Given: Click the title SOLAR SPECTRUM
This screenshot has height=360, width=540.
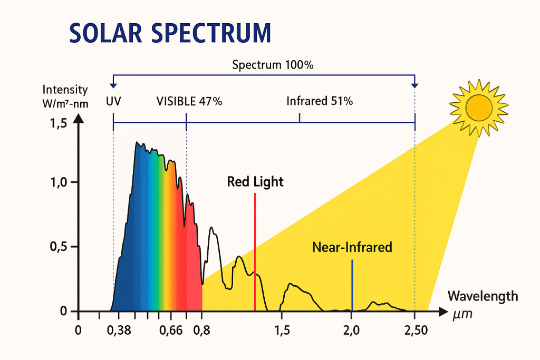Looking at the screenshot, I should (170, 33).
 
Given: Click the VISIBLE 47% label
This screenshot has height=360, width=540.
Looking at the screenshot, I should (189, 101).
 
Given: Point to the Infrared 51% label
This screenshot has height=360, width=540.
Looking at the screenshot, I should (320, 101).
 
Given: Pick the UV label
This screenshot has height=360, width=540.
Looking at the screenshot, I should (113, 101).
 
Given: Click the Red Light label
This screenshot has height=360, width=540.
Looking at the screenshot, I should (255, 182).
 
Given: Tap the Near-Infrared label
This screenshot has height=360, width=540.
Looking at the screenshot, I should (352, 247).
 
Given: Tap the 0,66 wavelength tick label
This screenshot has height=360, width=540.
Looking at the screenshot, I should (170, 331).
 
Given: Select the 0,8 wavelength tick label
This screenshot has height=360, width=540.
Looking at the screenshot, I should (202, 331).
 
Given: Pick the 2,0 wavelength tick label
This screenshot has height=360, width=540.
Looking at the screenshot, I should (351, 331).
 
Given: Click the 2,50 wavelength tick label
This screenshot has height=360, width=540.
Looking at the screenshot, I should (414, 331).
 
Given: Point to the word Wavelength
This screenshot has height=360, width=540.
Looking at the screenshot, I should (483, 296).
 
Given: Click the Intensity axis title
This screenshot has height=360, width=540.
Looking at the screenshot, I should (65, 90).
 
